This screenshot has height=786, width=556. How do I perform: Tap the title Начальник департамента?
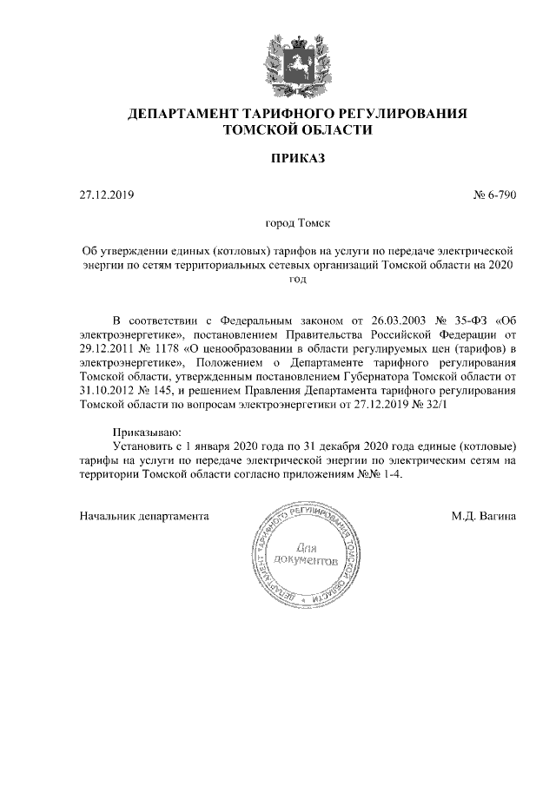pos(143,516)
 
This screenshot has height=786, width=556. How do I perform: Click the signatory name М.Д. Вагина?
pos(484,516)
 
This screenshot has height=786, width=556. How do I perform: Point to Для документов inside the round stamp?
pos(306,555)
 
